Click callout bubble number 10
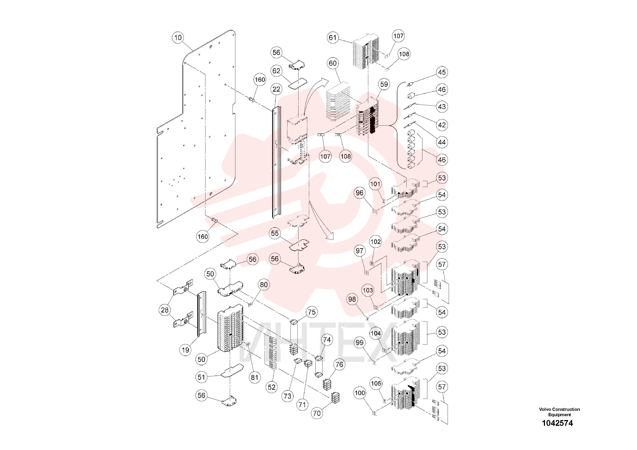[178, 37]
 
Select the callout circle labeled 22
[276, 89]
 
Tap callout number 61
[333, 37]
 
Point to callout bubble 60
[333, 63]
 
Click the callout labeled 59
[384, 84]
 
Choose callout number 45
[442, 72]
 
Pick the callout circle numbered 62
[276, 71]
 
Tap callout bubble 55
[275, 233]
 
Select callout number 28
[165, 310]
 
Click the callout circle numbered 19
[185, 350]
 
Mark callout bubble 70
[317, 413]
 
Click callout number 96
[359, 193]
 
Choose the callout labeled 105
[376, 383]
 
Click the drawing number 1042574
[557, 423]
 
